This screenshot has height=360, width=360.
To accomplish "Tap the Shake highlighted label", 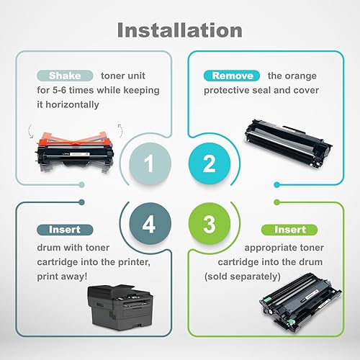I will click(x=65, y=75).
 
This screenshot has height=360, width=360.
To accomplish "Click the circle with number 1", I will click(x=149, y=164).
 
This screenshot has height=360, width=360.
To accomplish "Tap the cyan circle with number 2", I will click(x=209, y=164).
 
